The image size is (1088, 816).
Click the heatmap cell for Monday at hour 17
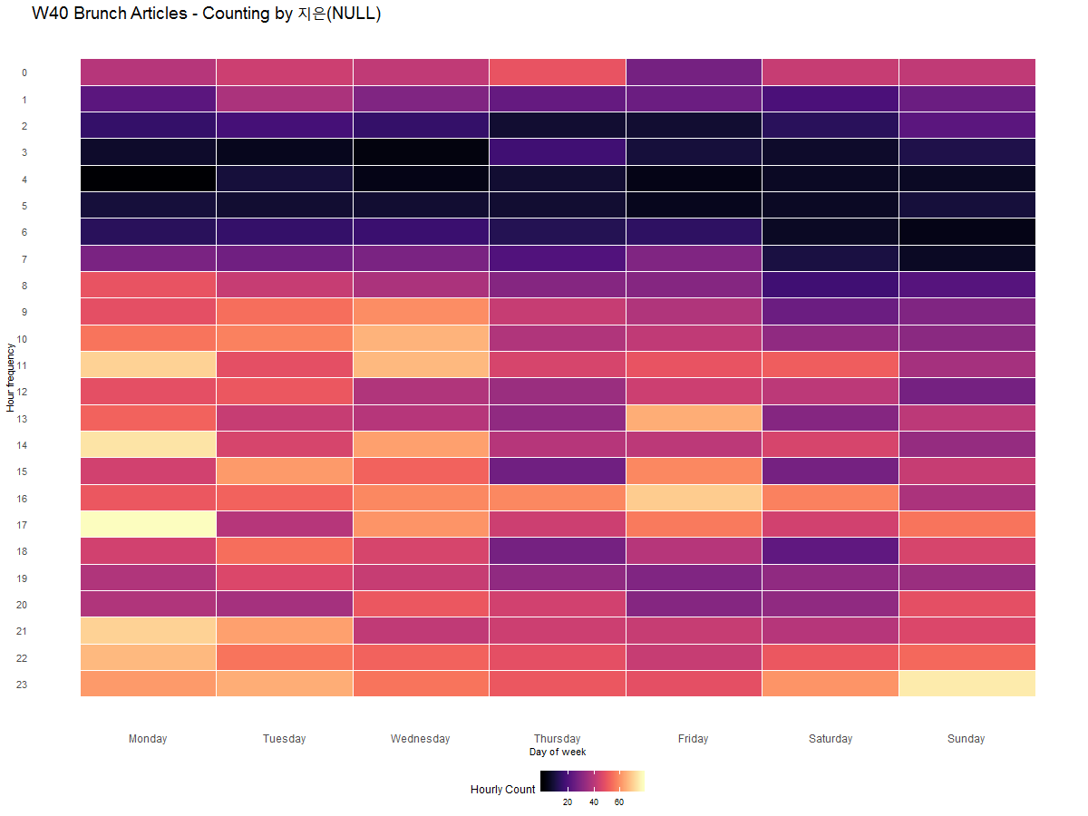(148, 524)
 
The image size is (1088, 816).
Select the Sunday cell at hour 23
(967, 684)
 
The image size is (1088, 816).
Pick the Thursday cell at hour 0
(557, 72)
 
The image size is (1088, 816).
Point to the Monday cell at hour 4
(148, 179)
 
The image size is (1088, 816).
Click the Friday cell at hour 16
(694, 498)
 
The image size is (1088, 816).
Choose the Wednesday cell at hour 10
(421, 338)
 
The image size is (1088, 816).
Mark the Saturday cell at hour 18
(831, 551)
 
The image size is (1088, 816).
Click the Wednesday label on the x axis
(420, 739)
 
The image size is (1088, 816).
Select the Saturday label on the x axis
(831, 739)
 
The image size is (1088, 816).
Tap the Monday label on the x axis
(148, 739)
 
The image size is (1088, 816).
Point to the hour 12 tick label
(24, 392)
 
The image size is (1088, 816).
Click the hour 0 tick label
(24, 73)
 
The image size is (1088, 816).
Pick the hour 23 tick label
(22, 685)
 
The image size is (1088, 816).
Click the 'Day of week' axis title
(558, 753)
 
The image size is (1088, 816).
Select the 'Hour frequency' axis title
(10, 377)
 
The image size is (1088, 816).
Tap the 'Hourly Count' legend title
(502, 790)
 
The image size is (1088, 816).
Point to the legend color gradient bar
(593, 781)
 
